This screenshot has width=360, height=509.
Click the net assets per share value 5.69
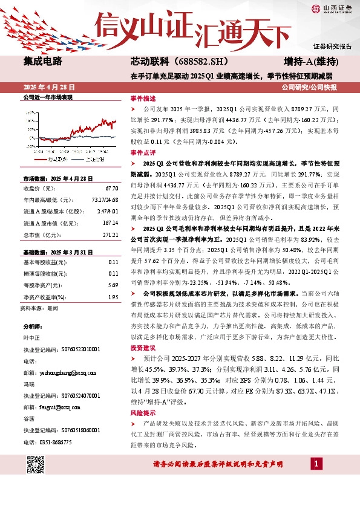[x=113, y=285]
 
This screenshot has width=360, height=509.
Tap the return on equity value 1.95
[x=113, y=297]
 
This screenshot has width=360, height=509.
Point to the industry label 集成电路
[x=43, y=61]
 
